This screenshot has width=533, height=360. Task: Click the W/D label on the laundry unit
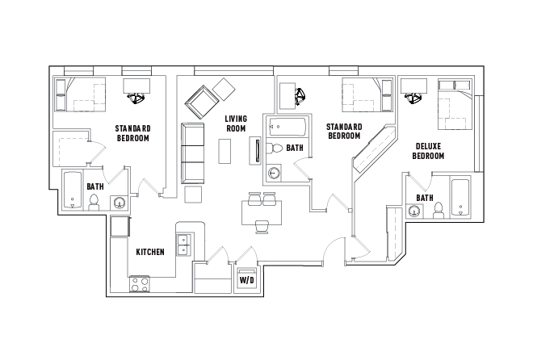(x=245, y=280)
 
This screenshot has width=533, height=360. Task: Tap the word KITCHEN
(x=150, y=252)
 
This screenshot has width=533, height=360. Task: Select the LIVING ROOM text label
(x=236, y=123)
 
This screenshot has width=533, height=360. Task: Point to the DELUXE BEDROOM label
(x=429, y=151)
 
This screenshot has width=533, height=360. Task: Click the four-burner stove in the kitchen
(x=140, y=284)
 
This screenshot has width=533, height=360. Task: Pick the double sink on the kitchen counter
(x=185, y=243)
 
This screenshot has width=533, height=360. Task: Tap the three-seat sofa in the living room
(x=193, y=153)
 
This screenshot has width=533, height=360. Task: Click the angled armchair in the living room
(x=201, y=102)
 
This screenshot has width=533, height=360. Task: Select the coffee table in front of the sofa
(x=226, y=151)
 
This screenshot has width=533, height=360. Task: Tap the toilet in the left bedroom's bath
(x=94, y=201)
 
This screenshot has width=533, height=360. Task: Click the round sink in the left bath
(x=119, y=203)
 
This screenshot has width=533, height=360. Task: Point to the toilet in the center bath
(x=275, y=149)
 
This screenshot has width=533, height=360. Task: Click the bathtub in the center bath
(x=286, y=127)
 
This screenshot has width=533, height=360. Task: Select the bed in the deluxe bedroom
(x=453, y=103)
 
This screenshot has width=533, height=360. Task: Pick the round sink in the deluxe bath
(x=415, y=211)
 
